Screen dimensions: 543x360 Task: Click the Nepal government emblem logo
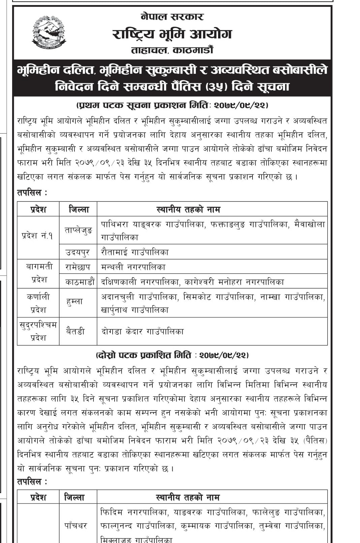[49, 32]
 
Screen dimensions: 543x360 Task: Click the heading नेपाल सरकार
[172, 17]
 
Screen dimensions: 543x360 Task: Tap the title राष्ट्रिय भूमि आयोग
[172, 34]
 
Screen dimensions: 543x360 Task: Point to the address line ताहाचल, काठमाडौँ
[172, 50]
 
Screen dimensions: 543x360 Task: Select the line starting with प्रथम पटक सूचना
[172, 105]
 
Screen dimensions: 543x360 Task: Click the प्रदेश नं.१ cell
[38, 236]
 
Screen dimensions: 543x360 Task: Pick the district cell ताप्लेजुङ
[78, 230]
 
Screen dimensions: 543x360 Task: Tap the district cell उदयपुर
[78, 252]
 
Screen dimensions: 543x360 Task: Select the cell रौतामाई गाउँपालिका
[135, 252]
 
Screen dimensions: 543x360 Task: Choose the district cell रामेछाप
[78, 267]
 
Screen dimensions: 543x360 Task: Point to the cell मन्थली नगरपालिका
[133, 267]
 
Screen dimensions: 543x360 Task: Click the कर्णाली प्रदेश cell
[38, 303]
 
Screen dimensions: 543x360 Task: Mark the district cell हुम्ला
[75, 302]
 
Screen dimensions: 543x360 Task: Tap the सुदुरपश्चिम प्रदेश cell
[38, 331]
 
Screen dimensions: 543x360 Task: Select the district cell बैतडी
[76, 331]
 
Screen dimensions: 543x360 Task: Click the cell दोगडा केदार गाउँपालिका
[143, 331]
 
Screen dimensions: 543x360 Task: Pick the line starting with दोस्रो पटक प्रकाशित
[172, 355]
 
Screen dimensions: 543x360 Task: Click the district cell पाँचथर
[76, 525]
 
